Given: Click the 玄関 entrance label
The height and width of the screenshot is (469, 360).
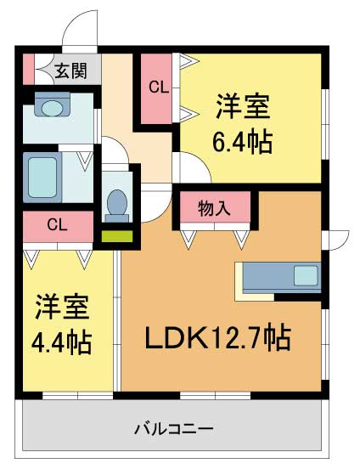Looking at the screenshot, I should point(71,71).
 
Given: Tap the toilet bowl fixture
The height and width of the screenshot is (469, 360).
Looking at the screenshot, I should point(116,203).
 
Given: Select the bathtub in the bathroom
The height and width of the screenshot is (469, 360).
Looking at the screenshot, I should point(42,176).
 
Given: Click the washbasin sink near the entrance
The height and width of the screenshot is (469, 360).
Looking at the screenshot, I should point(53,108).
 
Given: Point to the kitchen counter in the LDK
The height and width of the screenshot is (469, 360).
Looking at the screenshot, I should point(279,278).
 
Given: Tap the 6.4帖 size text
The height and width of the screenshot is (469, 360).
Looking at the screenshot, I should point(243,141).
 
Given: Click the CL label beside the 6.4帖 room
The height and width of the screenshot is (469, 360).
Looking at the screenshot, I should point(159,86).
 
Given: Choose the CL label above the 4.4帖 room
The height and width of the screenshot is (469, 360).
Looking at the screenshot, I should point(58,225).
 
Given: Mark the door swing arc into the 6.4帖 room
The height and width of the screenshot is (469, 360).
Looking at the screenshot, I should point(188,167).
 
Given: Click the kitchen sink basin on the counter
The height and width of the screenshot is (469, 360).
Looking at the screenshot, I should point(305,276).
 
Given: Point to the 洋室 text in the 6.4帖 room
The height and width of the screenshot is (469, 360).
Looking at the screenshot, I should point(242,109).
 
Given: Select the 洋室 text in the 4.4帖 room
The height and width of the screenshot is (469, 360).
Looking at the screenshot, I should point(62,308).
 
